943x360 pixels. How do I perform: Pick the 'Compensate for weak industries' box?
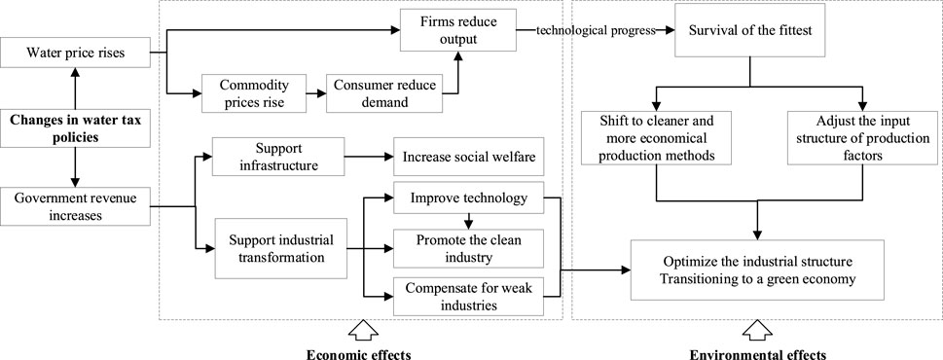(x=462, y=296)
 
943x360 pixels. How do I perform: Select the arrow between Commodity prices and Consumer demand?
(x=313, y=93)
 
